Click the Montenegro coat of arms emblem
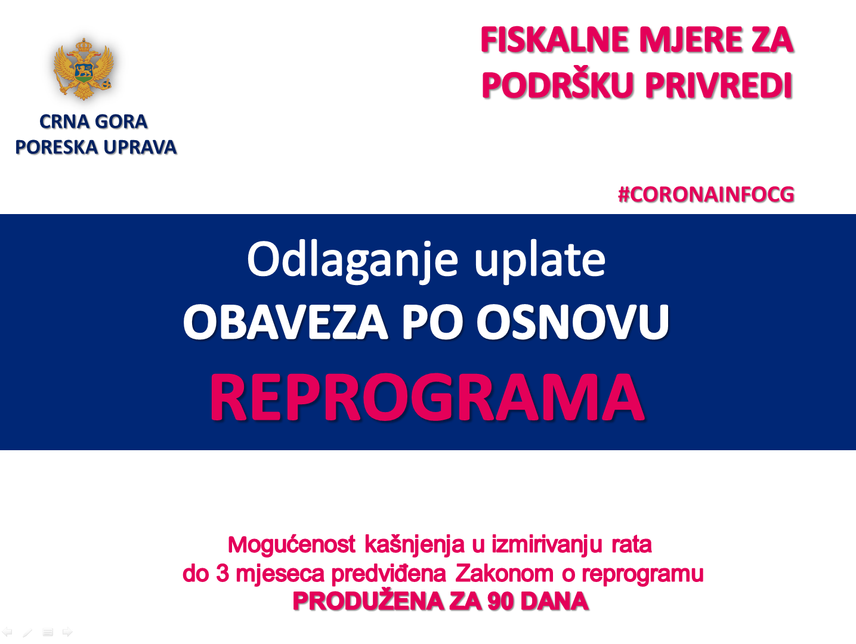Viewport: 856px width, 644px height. (84, 69)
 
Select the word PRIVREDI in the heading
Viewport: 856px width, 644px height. (718, 85)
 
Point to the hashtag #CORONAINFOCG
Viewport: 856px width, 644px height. (706, 194)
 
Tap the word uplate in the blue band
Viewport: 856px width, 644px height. (540, 261)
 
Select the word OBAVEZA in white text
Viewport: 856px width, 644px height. (286, 323)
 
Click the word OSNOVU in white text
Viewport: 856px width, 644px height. (573, 323)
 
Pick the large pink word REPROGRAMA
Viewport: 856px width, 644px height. (428, 397)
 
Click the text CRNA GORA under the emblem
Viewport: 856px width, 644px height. (94, 122)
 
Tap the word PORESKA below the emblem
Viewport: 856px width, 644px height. (57, 147)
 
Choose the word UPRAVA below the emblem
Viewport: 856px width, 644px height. (140, 147)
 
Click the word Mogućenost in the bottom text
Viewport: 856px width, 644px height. (292, 544)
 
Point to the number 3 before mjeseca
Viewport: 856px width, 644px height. (223, 574)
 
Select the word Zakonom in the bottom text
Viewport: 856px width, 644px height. (504, 574)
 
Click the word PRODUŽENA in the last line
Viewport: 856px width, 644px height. (368, 601)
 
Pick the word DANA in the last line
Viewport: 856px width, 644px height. (555, 602)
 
